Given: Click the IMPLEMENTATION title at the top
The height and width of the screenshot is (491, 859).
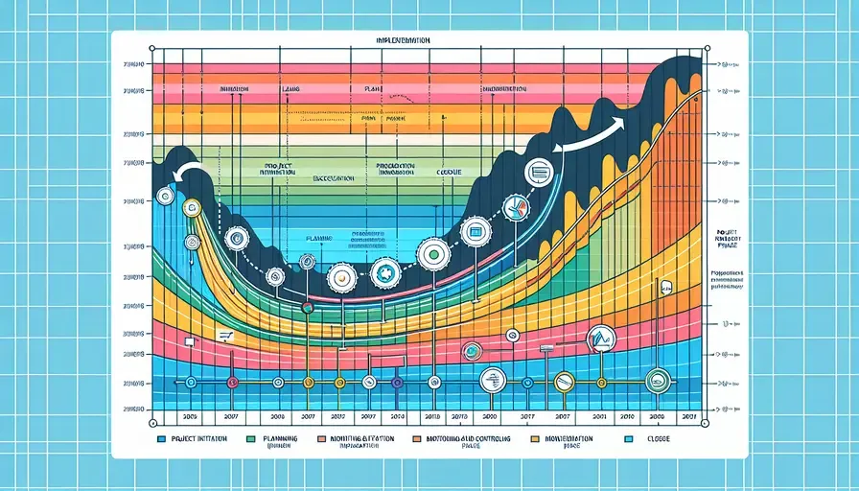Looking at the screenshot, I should [x=404, y=42].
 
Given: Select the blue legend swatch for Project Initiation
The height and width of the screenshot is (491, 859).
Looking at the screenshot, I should [x=160, y=439].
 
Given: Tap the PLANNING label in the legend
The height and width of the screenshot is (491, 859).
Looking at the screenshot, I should [x=278, y=438].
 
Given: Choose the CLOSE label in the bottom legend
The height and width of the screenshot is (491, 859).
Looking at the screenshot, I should [x=657, y=438].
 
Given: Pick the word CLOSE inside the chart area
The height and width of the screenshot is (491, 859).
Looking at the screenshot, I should [x=449, y=172].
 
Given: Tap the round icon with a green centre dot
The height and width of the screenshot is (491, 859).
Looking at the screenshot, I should [x=432, y=254].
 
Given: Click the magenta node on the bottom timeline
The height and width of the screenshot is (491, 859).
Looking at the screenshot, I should [x=231, y=383].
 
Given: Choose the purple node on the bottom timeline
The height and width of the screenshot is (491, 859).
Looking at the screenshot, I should [x=396, y=383].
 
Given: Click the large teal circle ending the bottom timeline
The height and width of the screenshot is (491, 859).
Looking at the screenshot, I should [x=659, y=381].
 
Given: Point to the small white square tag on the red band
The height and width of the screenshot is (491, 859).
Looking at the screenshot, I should [x=189, y=340].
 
